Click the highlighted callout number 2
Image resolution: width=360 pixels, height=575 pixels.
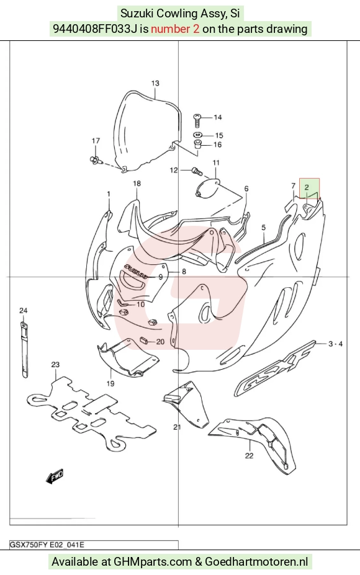click(307, 187)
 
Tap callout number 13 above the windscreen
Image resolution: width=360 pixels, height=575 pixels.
click(155, 83)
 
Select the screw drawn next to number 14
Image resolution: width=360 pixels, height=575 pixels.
click(197, 119)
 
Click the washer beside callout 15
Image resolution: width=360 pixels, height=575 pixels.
click(197, 135)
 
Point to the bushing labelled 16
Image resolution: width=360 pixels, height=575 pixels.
click(198, 144)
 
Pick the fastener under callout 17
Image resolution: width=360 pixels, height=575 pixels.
click(95, 159)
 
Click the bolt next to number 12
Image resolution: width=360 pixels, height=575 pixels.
click(196, 171)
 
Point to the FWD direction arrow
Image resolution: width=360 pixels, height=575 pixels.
click(55, 476)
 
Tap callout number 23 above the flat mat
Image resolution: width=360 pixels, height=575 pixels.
click(55, 365)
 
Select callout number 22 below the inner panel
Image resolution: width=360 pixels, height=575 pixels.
click(249, 455)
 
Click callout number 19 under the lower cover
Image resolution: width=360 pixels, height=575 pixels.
click(110, 383)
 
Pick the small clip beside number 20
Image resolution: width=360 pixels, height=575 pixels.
click(143, 341)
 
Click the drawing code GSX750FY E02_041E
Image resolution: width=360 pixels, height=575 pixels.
click(47, 545)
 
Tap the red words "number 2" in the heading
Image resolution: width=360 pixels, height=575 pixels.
click(175, 29)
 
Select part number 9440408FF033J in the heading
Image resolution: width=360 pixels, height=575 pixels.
click(96, 29)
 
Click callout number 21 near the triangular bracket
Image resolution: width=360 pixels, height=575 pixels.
click(178, 427)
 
